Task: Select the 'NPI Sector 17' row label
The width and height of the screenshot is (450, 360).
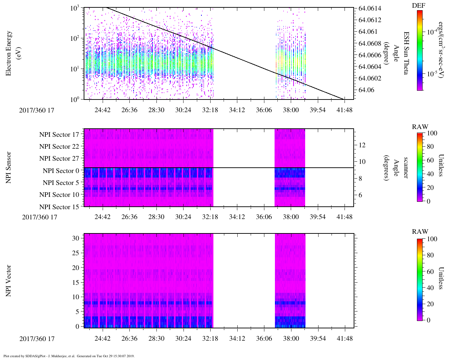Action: pos(59,135)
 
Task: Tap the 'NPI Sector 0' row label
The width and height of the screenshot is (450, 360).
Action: pos(61,171)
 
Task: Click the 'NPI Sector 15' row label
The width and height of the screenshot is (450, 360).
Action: pos(59,207)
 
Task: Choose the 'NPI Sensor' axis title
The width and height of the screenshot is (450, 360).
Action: pos(9,167)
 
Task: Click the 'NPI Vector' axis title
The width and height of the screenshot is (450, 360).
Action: pos(9,281)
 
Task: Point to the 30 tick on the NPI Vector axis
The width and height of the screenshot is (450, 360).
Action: pos(76,238)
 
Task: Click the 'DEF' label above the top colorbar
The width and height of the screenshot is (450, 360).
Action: pos(418,5)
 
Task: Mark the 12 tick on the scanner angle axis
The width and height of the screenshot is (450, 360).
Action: pos(362,145)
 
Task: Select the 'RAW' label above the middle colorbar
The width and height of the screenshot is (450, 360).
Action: pos(420,127)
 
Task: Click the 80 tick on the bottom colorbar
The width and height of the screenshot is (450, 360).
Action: pos(432,255)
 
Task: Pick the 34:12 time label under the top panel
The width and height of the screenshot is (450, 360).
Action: pos(237,110)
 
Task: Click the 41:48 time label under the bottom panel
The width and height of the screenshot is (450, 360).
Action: pos(345,339)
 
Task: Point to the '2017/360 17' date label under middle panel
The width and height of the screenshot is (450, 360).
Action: pos(39,217)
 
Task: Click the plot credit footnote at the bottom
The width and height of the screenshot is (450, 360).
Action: pos(69,356)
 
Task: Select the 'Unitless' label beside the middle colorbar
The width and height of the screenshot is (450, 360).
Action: pos(442,165)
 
